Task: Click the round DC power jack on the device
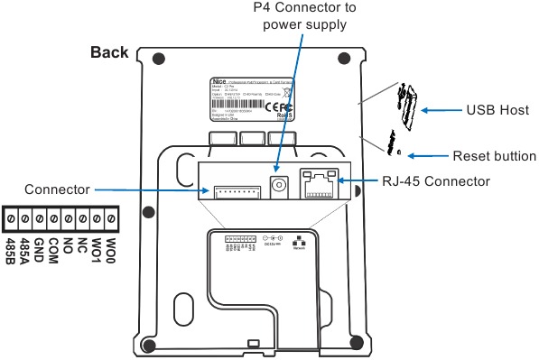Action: (x=280, y=184)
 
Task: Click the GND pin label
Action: (x=39, y=247)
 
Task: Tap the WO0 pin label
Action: (x=111, y=248)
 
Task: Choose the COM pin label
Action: (x=53, y=247)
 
